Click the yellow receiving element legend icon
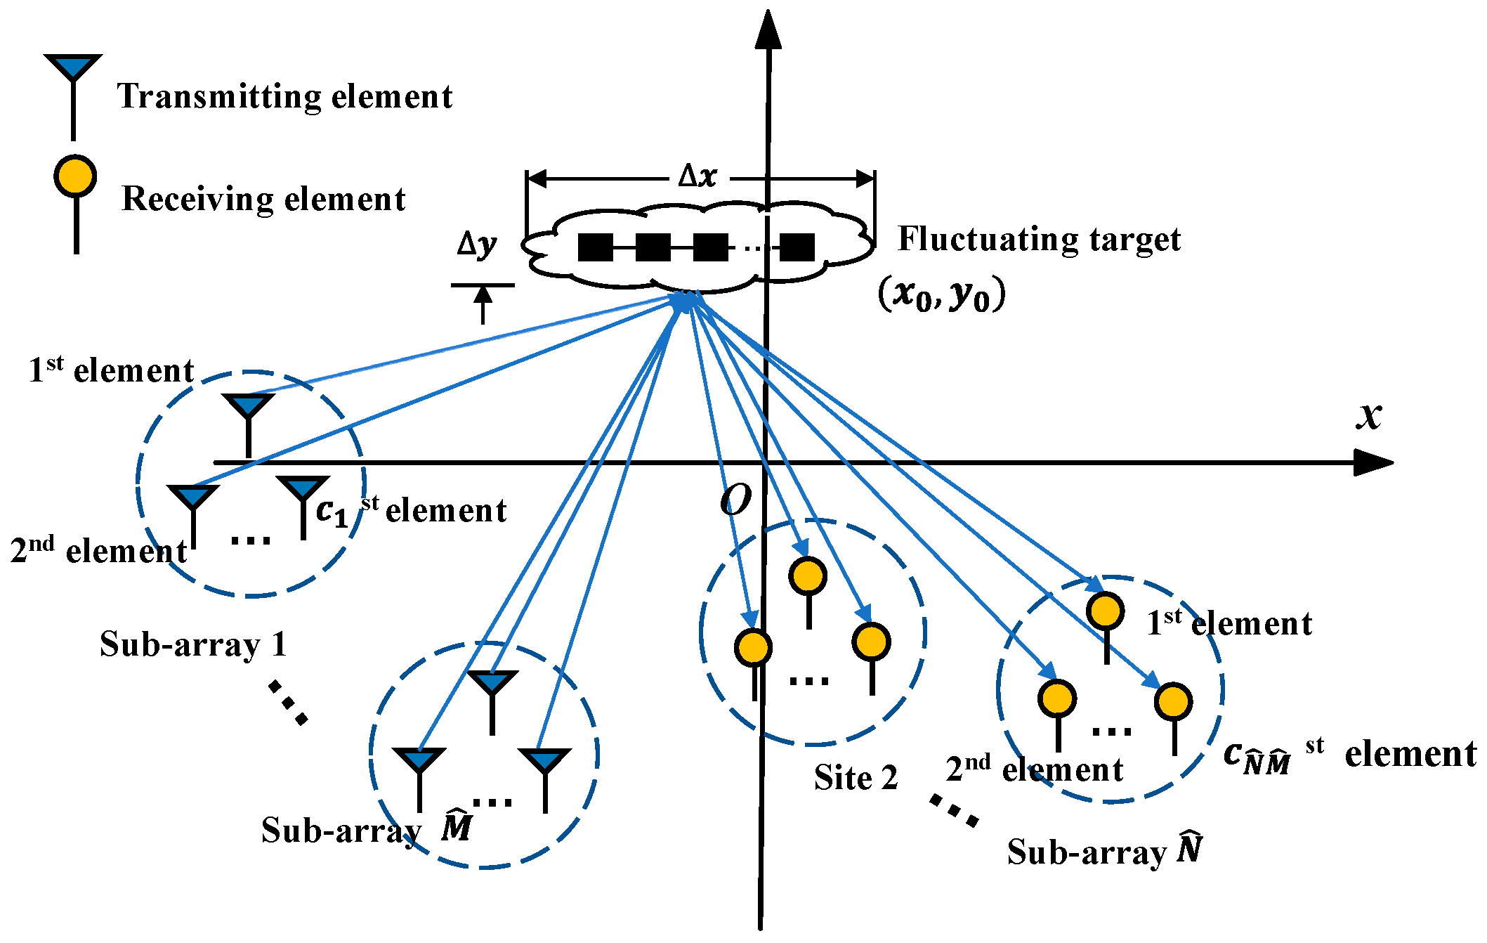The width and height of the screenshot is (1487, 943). tap(75, 176)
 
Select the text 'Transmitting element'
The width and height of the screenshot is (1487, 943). tap(284, 97)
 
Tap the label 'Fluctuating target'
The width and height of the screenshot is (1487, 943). tap(1039, 240)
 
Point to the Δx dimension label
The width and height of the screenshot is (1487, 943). tap(697, 176)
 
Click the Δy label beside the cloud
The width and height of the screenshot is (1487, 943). tap(477, 245)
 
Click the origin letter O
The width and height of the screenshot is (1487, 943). tap(735, 500)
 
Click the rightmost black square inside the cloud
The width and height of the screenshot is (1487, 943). tap(797, 247)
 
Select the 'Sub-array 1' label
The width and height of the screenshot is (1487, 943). tap(193, 644)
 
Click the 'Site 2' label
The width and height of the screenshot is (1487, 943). tap(856, 778)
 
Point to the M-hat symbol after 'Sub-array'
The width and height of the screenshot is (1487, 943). tap(457, 826)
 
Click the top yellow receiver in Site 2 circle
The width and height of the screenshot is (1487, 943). tap(808, 577)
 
